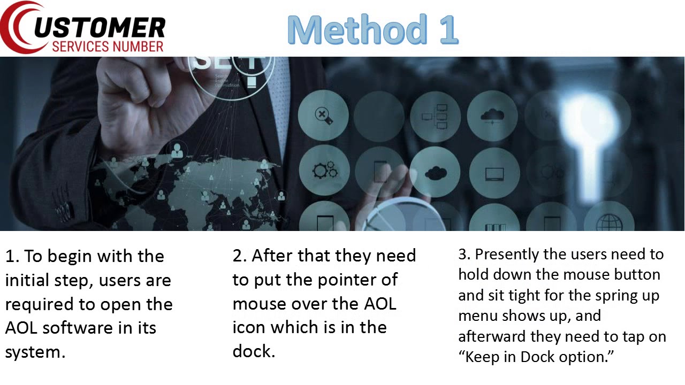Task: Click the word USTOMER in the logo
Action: (100, 27)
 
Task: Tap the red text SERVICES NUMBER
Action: (108, 47)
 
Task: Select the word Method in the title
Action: (357, 29)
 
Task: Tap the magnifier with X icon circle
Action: (323, 115)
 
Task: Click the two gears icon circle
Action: (324, 170)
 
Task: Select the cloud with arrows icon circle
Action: (492, 116)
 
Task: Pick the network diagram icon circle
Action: (435, 117)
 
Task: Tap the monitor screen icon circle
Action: (494, 173)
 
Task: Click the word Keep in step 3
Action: (482, 357)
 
